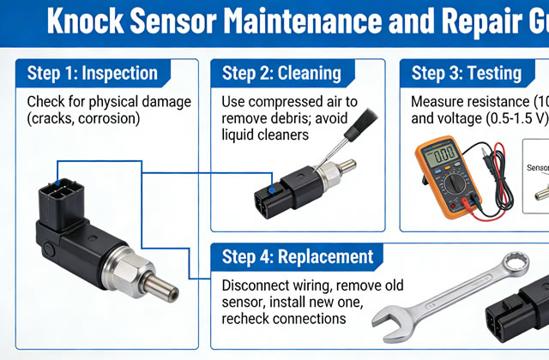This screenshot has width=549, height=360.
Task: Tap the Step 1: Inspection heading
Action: [93, 73]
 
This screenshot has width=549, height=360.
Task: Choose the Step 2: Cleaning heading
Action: [281, 73]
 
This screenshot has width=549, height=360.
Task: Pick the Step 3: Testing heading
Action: [468, 73]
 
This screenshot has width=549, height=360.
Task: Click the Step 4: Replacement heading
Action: [298, 256]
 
